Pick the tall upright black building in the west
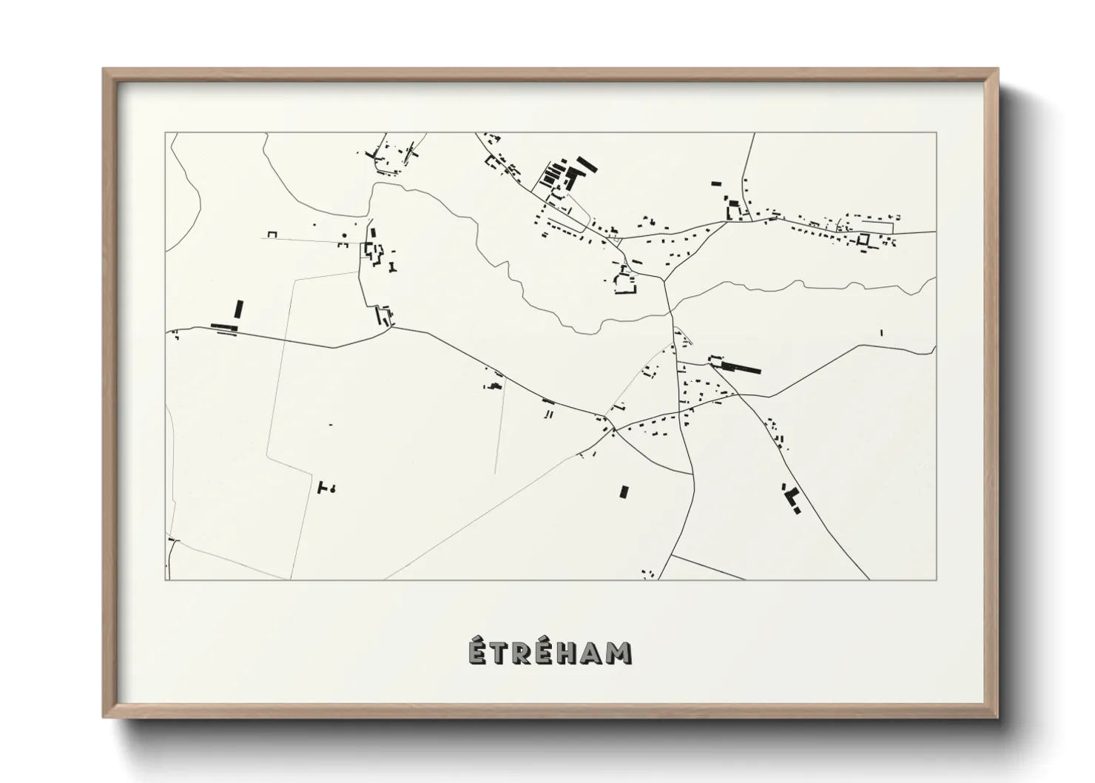pos(239,309)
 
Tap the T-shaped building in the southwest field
pos(322,487)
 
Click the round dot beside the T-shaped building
pos(333,488)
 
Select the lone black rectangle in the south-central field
pos(624,491)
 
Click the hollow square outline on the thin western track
pos(272,235)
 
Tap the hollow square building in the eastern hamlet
pos(863,240)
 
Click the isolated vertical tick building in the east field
pos(881,332)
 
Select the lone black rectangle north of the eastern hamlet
pos(715,183)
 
